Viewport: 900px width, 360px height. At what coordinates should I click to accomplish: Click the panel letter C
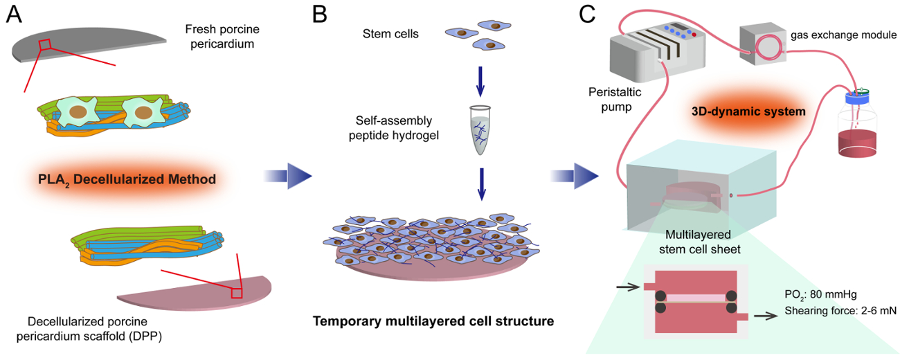click(586, 15)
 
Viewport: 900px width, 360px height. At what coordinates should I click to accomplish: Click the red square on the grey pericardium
click(44, 44)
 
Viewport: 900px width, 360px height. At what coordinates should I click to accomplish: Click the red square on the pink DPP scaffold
click(236, 292)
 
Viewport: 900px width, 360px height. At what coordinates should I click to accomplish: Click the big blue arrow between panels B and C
click(575, 177)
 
